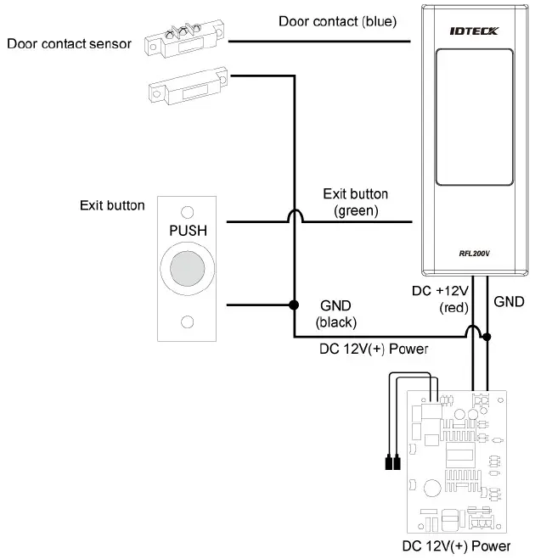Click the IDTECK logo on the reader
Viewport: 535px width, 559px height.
[x=474, y=31]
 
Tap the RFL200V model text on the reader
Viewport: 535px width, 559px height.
[x=473, y=252]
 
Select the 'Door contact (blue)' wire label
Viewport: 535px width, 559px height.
[x=337, y=20]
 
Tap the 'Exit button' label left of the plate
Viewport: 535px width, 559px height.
[x=112, y=205]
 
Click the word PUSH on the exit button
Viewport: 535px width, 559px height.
[x=188, y=230]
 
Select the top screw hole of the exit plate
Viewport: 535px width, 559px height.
[x=188, y=210]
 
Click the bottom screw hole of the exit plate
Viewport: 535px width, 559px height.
[x=188, y=321]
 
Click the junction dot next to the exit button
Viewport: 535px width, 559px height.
[x=295, y=305]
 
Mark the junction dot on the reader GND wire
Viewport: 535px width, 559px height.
[x=486, y=337]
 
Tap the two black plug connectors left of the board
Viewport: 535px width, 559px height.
[x=391, y=464]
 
